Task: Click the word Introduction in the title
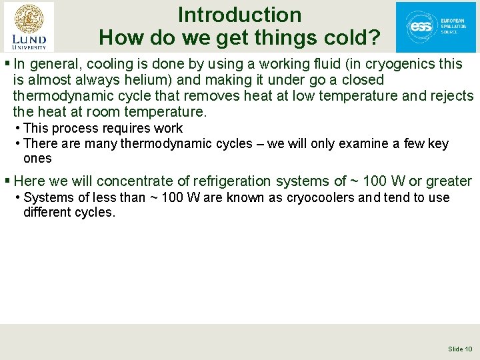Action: coord(239,15)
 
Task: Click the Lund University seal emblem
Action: coord(29,18)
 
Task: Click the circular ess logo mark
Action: coord(421,27)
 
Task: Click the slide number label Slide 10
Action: coord(460,349)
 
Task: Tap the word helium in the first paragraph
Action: coord(155,80)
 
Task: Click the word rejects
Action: coord(451,96)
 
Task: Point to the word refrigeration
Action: coord(235,181)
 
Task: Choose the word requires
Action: coord(120,127)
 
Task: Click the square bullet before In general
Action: coord(6,64)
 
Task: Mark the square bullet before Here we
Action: coord(6,181)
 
